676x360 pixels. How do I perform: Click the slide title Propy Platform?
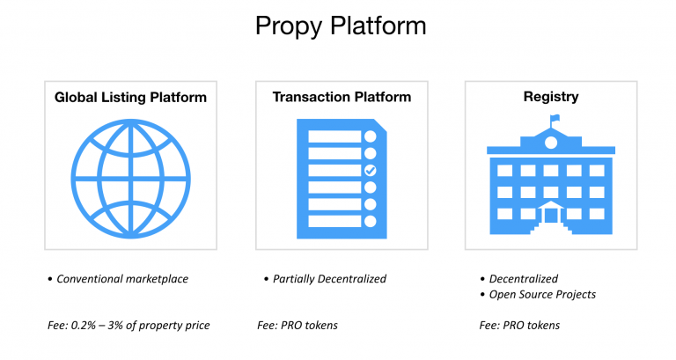tap(341, 26)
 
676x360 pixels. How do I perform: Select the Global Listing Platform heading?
tap(130, 98)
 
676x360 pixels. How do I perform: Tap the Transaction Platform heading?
tap(342, 97)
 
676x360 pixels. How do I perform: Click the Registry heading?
tap(551, 97)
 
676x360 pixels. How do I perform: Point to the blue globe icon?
tap(130, 179)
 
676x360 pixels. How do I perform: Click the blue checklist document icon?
tap(342, 179)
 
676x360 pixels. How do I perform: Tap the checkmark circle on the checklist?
tap(371, 170)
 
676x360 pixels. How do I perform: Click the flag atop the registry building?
tap(555, 118)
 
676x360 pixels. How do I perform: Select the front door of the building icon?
tap(551, 215)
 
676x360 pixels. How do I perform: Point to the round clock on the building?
tap(551, 143)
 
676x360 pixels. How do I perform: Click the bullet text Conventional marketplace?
tap(122, 279)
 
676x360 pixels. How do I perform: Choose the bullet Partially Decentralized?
tap(329, 279)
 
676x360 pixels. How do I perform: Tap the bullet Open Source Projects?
tap(542, 295)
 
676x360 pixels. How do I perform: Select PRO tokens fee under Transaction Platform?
tap(309, 325)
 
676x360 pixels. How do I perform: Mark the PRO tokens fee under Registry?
tap(531, 325)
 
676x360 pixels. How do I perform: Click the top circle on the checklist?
tap(371, 136)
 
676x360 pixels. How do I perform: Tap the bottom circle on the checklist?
tap(371, 221)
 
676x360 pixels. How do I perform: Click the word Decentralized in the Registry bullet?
tap(524, 279)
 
